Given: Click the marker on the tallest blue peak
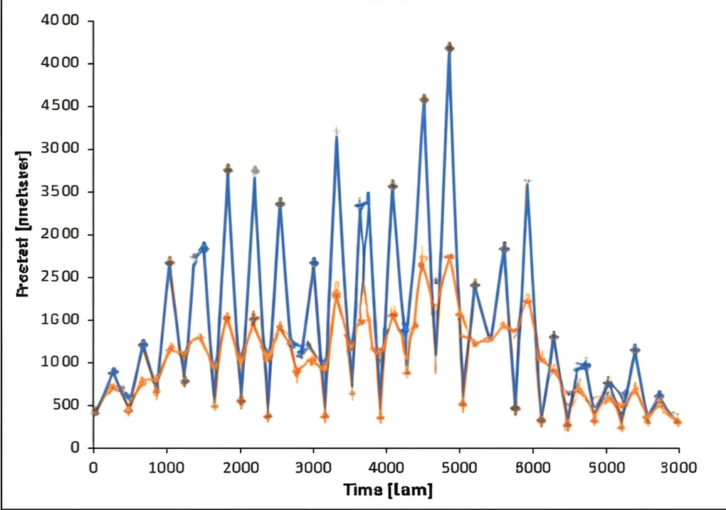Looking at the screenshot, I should [x=449, y=48].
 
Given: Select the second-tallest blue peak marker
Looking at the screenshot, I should [x=423, y=99].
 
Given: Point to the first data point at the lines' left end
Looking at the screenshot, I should [x=95, y=411].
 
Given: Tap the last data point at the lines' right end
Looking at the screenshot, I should [x=678, y=422].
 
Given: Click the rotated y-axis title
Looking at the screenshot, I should [x=23, y=224].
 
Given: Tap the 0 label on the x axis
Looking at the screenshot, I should [x=93, y=467].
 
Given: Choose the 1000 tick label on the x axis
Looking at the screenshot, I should [x=166, y=467].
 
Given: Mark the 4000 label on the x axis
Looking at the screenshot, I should [x=386, y=467].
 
